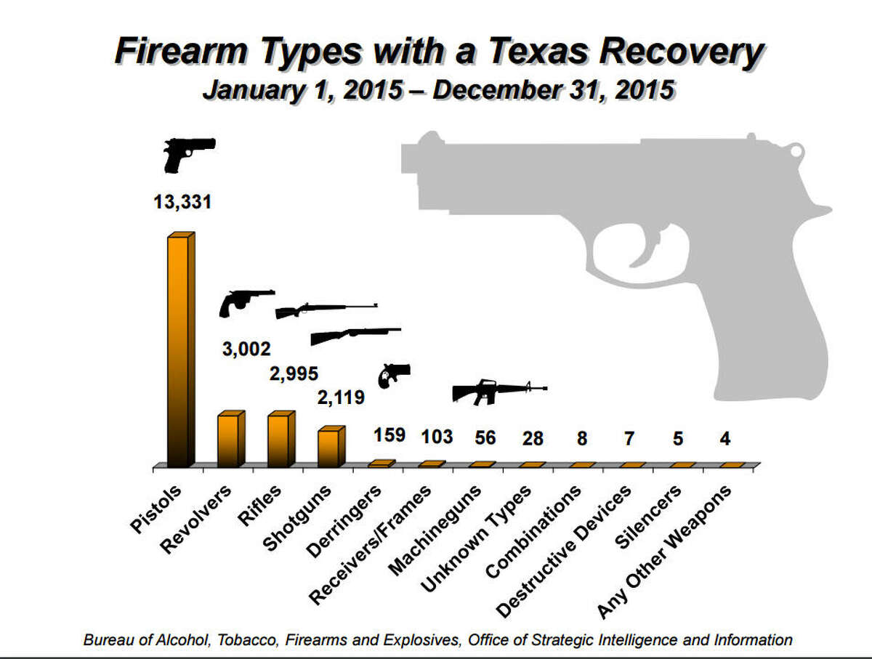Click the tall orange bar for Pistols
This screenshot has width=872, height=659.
click(179, 352)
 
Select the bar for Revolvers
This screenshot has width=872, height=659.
click(229, 440)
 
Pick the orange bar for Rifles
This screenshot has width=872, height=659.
click(279, 440)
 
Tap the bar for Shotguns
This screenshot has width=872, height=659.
click(329, 448)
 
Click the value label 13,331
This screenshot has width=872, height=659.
click(182, 201)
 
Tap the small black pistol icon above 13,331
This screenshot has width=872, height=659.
click(187, 153)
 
